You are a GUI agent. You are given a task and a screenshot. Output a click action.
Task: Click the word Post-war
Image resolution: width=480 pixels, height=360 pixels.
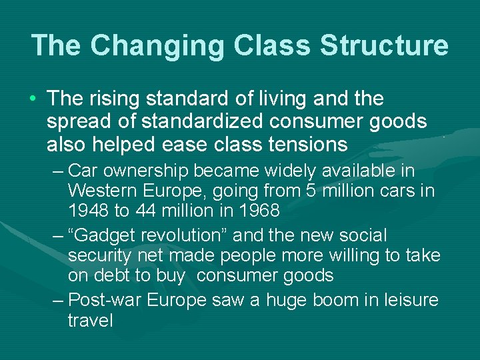tap(105, 300)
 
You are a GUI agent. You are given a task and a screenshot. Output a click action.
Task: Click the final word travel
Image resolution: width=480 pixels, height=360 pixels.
tap(90, 321)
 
